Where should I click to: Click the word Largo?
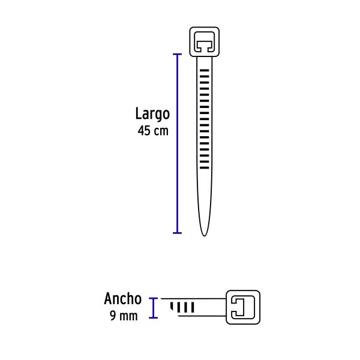pyautogui.click(x=152, y=114)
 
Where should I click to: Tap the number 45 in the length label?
pyautogui.click(x=144, y=131)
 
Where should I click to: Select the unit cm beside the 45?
pyautogui.click(x=161, y=131)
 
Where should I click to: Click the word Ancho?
pyautogui.click(x=123, y=299)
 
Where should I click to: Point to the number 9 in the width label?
pyautogui.click(x=113, y=316)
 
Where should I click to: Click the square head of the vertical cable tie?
pyautogui.click(x=205, y=41)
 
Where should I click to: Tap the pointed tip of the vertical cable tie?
pyautogui.click(x=204, y=234)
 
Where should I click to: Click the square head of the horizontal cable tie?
pyautogui.click(x=243, y=308)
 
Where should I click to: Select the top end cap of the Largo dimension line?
pyautogui.click(x=177, y=55)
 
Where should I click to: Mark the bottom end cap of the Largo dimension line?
pyautogui.click(x=177, y=232)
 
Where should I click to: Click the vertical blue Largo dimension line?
pyautogui.click(x=177, y=144)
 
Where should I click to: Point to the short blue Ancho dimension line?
pyautogui.click(x=154, y=308)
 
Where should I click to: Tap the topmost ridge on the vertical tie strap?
pyautogui.click(x=205, y=71)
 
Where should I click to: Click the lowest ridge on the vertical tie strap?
pyautogui.click(x=205, y=169)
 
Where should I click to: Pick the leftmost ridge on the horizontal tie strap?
pyautogui.click(x=173, y=308)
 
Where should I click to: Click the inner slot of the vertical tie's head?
pyautogui.click(x=205, y=41)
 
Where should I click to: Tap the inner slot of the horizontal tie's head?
pyautogui.click(x=241, y=308)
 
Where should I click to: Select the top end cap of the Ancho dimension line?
pyautogui.click(x=154, y=298)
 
